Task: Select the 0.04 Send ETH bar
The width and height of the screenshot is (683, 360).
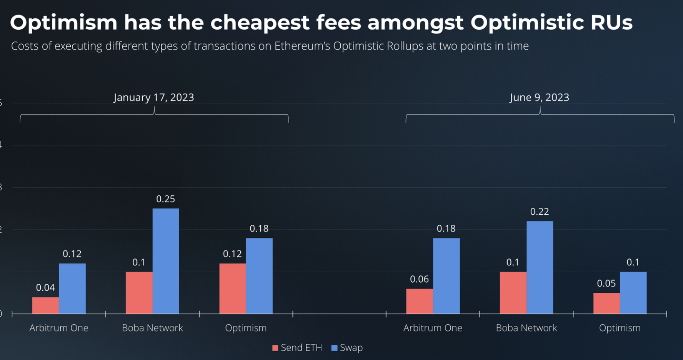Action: point(45,305)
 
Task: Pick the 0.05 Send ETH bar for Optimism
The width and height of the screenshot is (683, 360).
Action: point(606,303)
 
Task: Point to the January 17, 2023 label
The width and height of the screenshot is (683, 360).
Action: point(154,97)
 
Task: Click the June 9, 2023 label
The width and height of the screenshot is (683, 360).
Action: point(539,97)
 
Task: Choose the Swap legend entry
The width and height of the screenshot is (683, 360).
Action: point(347,348)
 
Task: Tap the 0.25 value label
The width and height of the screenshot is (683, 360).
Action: point(165,199)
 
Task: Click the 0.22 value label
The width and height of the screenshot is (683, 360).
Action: point(539,212)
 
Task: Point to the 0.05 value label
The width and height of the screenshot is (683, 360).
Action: point(606,283)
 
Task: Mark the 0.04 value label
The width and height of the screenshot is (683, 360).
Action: point(45,288)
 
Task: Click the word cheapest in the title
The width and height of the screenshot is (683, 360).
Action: point(260,23)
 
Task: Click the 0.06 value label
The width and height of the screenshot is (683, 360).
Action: point(419,279)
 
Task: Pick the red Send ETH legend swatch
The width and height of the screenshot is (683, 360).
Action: point(275,348)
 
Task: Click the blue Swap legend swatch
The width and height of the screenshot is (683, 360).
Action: point(334,348)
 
